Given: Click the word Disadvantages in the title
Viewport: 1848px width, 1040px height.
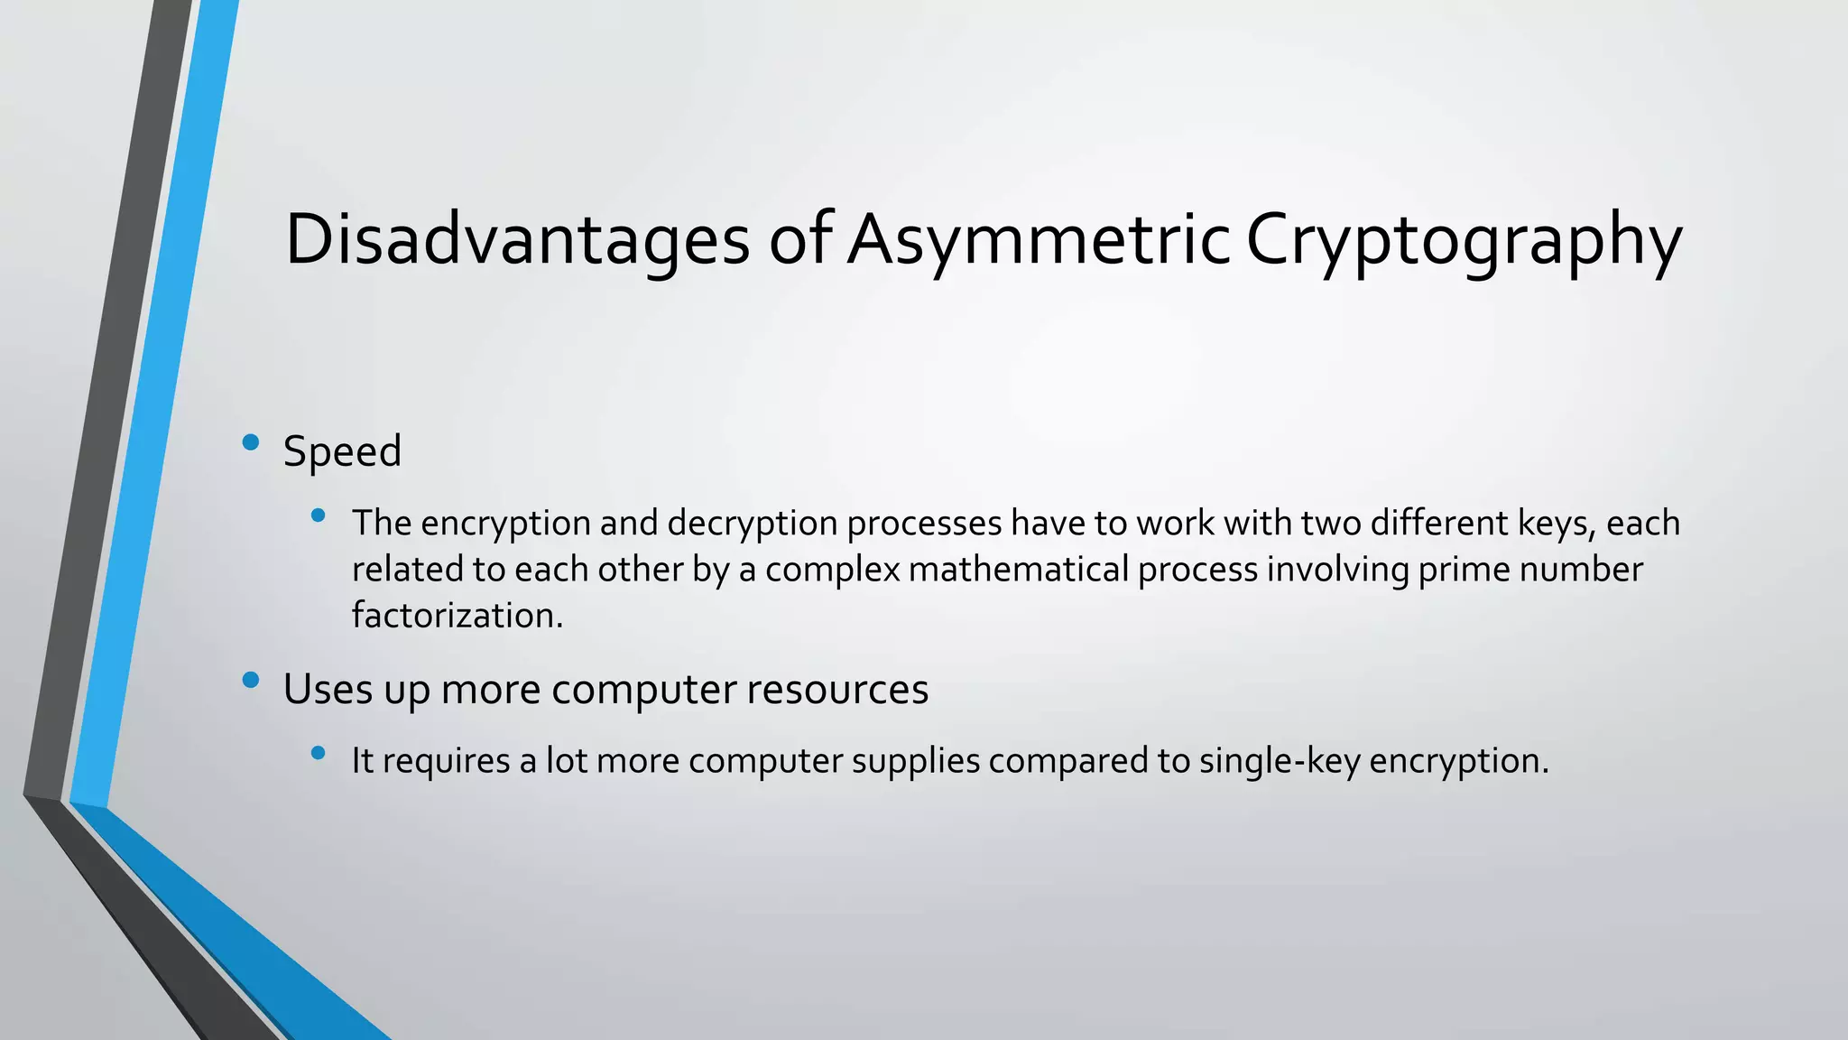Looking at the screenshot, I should click(x=517, y=239).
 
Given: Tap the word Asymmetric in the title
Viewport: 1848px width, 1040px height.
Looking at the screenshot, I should click(x=1039, y=239).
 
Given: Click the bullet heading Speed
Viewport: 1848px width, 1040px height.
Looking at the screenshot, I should click(x=342, y=451).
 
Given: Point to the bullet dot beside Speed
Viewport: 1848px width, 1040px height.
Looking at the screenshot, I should click(x=251, y=442).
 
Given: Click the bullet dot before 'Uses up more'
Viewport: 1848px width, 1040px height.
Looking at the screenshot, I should click(x=251, y=680).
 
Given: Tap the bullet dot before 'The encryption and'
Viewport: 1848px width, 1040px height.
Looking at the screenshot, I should click(x=318, y=515).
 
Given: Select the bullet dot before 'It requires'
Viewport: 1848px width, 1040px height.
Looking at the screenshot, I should click(x=318, y=753).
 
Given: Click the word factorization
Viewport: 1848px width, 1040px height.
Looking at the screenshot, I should click(x=457, y=616).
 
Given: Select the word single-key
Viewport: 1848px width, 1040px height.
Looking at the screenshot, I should click(x=1279, y=761).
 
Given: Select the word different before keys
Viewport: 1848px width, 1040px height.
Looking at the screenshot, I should click(x=1433, y=524).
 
